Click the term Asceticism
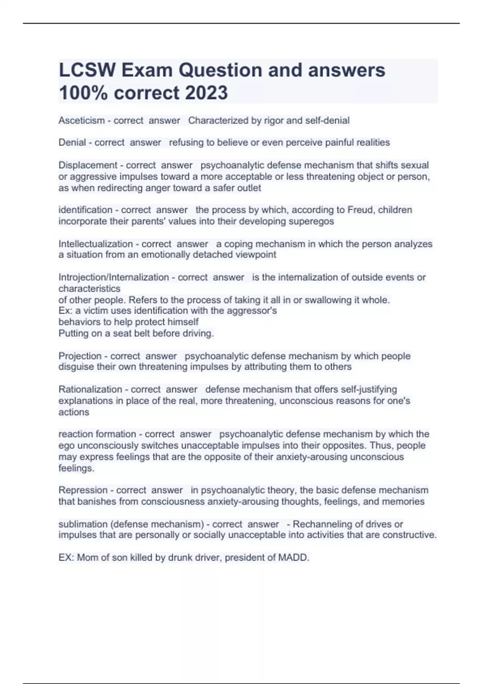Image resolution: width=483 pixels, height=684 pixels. tap(81, 120)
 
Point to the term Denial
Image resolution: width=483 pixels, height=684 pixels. tap(72, 142)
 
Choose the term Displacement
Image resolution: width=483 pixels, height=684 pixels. tap(88, 165)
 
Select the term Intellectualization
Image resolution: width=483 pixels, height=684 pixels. tap(95, 244)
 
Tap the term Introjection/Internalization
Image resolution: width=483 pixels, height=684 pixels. tap(114, 277)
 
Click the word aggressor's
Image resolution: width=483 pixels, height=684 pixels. tap(256, 311)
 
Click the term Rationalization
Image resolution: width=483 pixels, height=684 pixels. tap(90, 389)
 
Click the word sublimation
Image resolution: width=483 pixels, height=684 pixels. tap(83, 524)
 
